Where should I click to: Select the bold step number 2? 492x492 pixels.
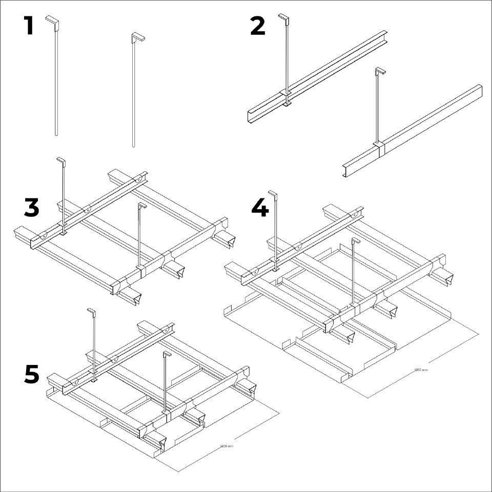(x=258, y=26)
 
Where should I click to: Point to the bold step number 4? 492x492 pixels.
(x=260, y=208)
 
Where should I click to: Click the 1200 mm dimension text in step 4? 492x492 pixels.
(x=420, y=370)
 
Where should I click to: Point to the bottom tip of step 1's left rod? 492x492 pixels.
(x=56, y=134)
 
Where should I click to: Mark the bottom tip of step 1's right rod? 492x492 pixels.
(x=134, y=146)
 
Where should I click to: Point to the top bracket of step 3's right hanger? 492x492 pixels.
(x=142, y=206)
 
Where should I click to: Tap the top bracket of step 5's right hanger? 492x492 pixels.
(x=167, y=354)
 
